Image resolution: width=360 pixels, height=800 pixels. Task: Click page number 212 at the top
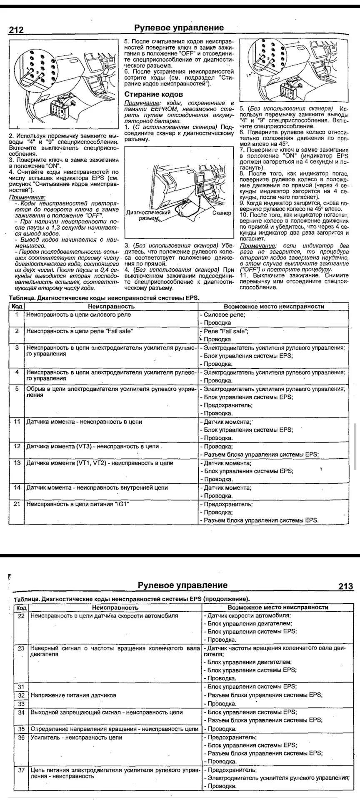pos(16,30)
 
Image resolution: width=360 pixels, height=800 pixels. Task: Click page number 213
pos(345,586)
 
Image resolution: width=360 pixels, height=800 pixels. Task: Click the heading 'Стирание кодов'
pos(154,95)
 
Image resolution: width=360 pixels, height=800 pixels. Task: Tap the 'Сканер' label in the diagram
pos(221,213)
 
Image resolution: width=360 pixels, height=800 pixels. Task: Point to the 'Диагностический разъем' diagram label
pos(148,215)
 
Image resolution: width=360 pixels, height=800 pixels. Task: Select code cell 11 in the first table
pos(17,422)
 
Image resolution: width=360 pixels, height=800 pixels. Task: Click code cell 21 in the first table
pos(17,504)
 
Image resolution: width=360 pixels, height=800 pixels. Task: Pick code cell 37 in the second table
pos(21,770)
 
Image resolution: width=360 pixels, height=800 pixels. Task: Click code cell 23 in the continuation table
pos(21,648)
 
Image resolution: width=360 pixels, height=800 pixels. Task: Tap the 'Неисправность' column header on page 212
pos(111,306)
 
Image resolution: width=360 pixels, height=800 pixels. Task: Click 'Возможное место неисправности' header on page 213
pos(278,607)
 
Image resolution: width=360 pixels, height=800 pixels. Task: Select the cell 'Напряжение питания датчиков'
pos(73,695)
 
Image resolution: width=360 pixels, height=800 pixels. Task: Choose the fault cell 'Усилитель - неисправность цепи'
pos(76,737)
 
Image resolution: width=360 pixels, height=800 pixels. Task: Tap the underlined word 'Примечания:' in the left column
pos(27,197)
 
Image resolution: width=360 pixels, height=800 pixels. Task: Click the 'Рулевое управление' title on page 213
pos(182,585)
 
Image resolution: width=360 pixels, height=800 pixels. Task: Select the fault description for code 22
pos(104,615)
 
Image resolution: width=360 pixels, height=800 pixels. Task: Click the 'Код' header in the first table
pos(17,306)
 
